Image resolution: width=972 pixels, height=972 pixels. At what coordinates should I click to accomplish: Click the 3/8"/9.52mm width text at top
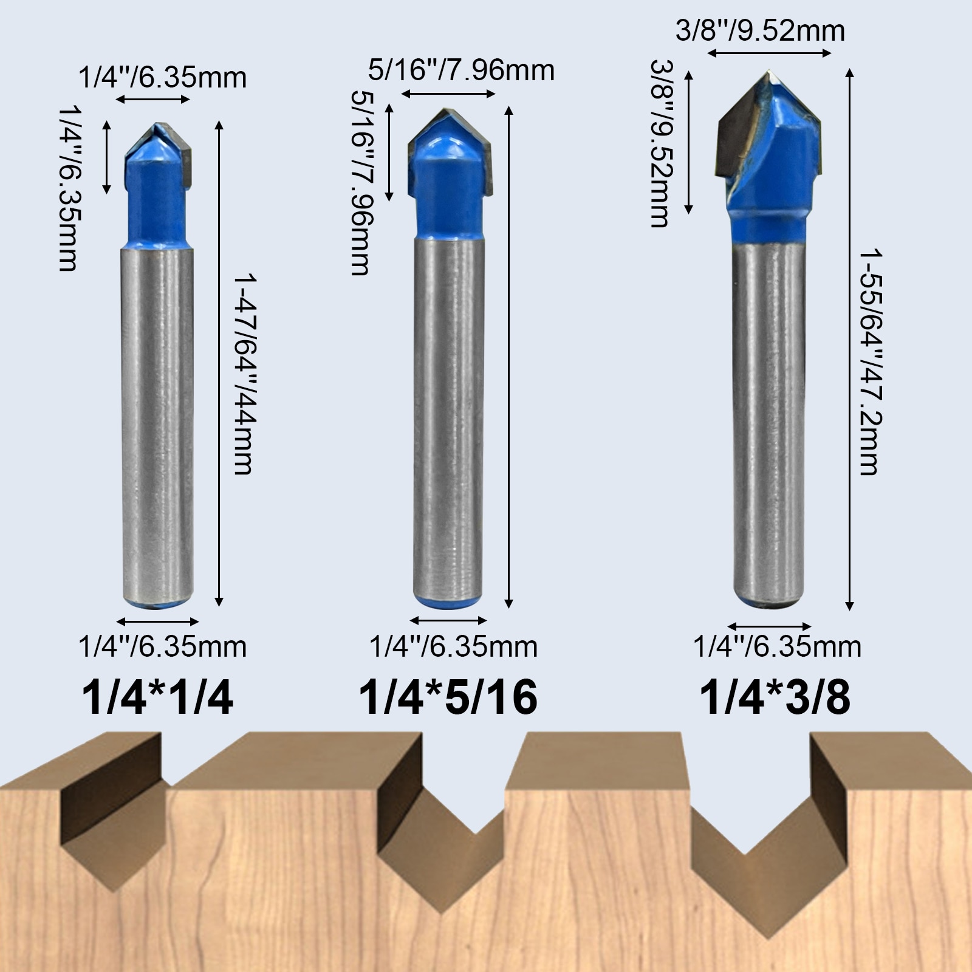tap(760, 31)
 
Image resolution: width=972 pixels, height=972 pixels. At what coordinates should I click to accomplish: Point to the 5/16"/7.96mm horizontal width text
tap(462, 70)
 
